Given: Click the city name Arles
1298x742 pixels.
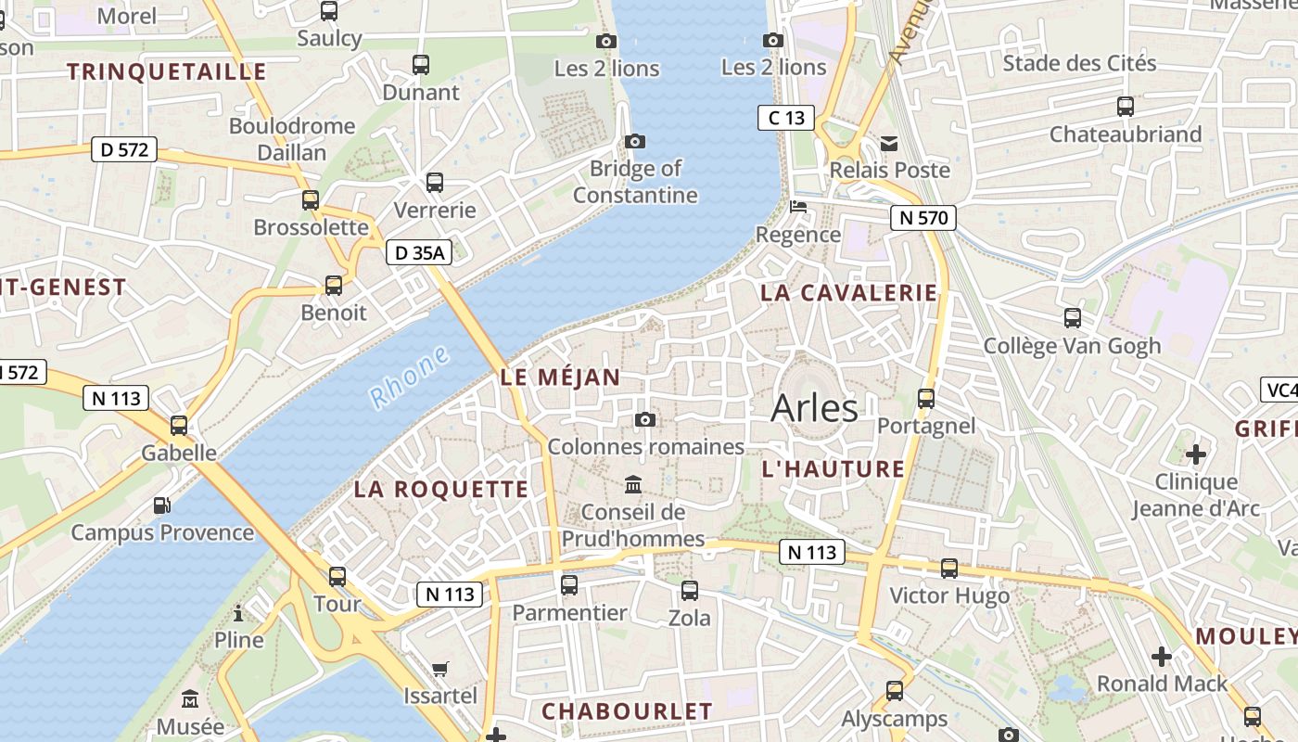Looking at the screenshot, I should click(x=814, y=408).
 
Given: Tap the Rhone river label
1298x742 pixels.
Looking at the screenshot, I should click(x=409, y=377).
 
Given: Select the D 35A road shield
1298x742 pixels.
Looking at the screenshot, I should click(x=418, y=252).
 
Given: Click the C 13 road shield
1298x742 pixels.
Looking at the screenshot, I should click(x=786, y=118).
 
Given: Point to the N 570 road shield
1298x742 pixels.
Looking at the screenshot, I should click(x=923, y=218).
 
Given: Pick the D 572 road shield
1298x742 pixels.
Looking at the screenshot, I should click(x=124, y=149).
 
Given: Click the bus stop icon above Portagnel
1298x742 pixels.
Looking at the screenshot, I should click(x=925, y=399).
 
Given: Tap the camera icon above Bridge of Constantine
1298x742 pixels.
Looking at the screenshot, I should click(x=635, y=141).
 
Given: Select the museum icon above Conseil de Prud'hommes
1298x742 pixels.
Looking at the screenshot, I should click(x=633, y=484).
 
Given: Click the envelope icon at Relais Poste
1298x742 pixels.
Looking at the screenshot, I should click(x=889, y=143).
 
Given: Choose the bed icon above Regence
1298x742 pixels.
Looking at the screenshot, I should click(x=797, y=207).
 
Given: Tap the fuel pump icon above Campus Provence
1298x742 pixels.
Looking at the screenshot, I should click(x=162, y=505).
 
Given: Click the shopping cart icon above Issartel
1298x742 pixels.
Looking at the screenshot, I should click(x=440, y=669).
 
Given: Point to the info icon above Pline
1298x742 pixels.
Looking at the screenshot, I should click(x=238, y=613).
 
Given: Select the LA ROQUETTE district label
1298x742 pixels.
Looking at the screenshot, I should click(x=440, y=490).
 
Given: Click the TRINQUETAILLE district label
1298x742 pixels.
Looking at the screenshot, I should click(x=167, y=72).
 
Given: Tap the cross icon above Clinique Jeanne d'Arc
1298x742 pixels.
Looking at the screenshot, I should click(x=1196, y=454).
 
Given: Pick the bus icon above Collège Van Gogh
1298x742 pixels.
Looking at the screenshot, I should click(x=1073, y=318).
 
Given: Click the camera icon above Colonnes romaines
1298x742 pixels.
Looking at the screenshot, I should click(x=645, y=420).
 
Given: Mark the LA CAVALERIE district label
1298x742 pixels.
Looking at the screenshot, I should click(x=849, y=293).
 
